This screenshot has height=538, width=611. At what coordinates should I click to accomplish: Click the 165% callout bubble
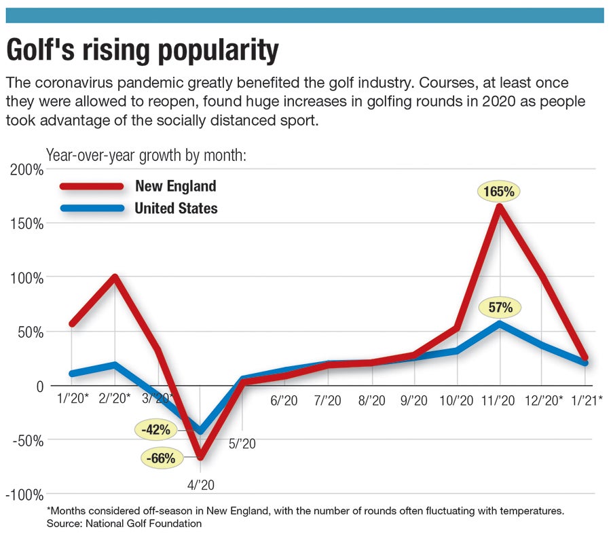(500, 192)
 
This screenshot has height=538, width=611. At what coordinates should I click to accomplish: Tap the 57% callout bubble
(500, 308)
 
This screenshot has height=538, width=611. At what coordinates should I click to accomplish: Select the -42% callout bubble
(157, 430)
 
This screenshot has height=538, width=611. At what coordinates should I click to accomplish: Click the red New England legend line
(92, 186)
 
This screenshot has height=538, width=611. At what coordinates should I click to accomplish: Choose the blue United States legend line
(92, 208)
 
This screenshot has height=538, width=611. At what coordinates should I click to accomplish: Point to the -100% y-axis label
(24, 495)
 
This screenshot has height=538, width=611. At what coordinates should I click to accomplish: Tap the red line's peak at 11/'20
(500, 206)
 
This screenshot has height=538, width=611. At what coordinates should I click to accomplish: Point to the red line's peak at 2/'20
(115, 277)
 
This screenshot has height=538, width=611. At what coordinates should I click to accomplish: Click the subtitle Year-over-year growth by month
(145, 155)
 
